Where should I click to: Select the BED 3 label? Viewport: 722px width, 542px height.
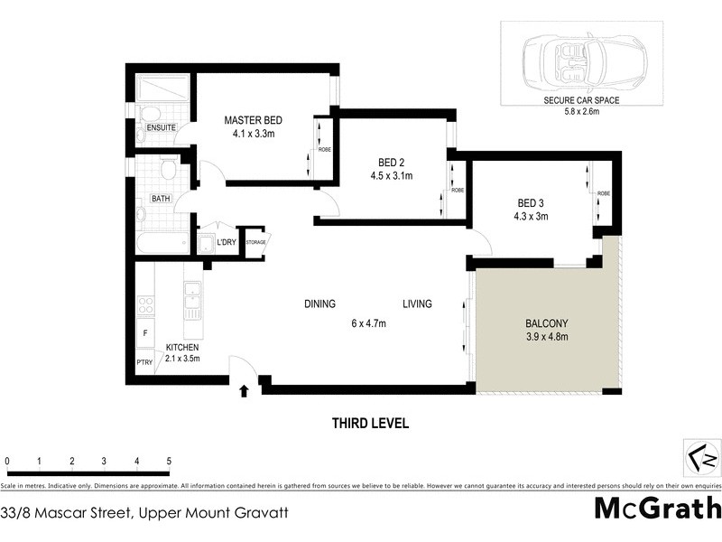[x=532, y=203]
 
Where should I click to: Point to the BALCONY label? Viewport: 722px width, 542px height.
[x=547, y=323]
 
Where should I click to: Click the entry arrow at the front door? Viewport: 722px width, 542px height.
[x=245, y=391]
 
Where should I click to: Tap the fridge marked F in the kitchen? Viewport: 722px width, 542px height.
[x=145, y=333]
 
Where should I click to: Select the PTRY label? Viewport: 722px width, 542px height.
[x=144, y=363]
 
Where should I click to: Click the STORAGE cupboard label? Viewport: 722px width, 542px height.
[x=255, y=242]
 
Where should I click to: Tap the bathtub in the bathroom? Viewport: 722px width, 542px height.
[x=163, y=242]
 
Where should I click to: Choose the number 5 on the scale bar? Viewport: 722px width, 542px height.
[x=169, y=462]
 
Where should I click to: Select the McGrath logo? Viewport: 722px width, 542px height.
[x=657, y=509]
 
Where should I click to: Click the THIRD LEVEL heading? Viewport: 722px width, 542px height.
[x=370, y=422]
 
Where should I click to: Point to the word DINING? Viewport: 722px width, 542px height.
[x=319, y=304]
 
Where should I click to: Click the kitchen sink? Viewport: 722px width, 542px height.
[x=191, y=299]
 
